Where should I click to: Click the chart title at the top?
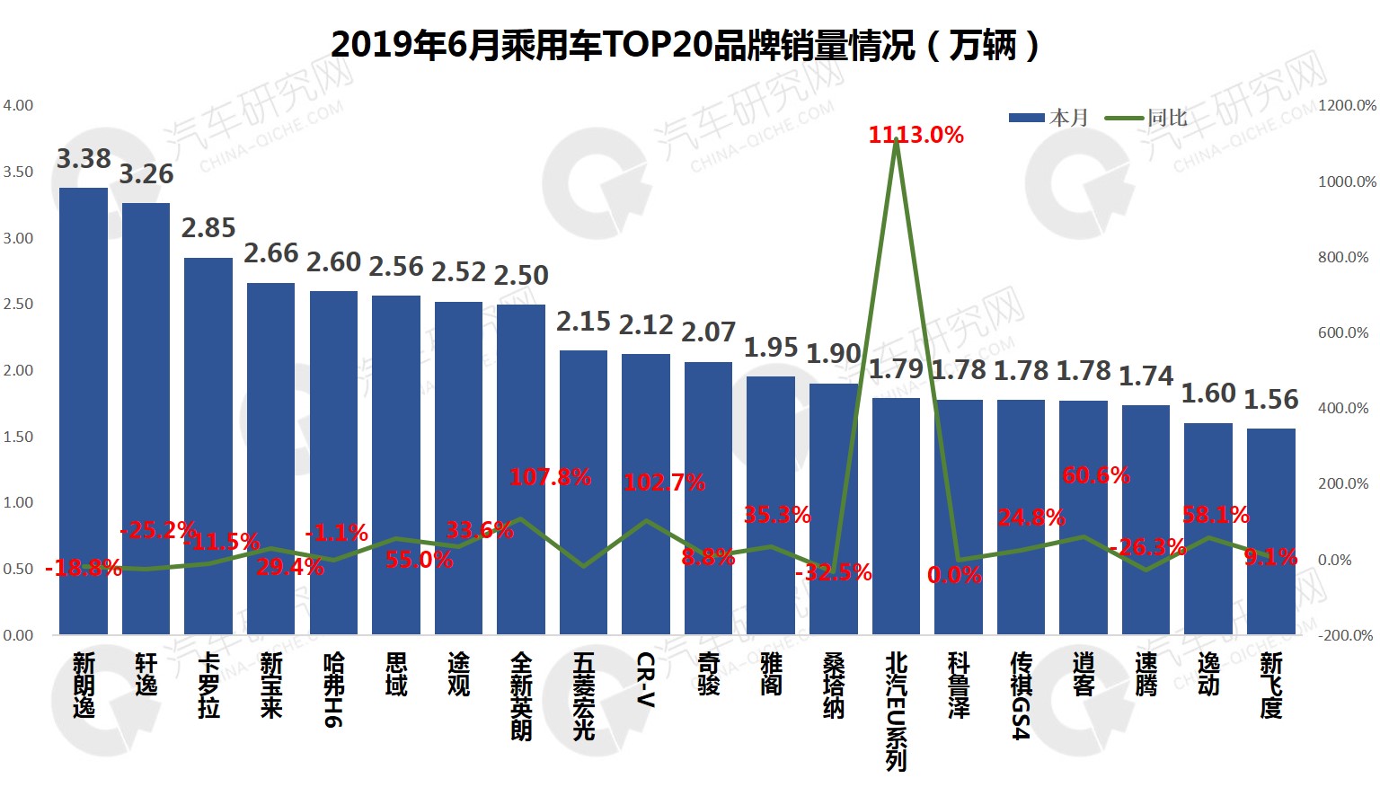pyautogui.click(x=686, y=45)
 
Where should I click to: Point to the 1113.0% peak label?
pyautogui.click(x=916, y=136)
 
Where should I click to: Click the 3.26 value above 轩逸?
pyautogui.click(x=146, y=174)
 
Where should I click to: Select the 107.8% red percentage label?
pyautogui.click(x=550, y=477)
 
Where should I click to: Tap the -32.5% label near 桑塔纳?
pyautogui.click(x=833, y=572)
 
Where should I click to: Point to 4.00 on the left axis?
pyautogui.click(x=18, y=105)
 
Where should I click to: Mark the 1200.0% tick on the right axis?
pyautogui.click(x=1347, y=105)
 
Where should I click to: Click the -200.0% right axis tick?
pyautogui.click(x=1345, y=635)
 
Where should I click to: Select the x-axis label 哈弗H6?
pyautogui.click(x=334, y=689)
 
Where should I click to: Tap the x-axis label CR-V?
pyautogui.click(x=646, y=679)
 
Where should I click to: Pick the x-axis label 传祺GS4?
pyautogui.click(x=1021, y=695)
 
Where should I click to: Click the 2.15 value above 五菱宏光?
pyautogui.click(x=583, y=321)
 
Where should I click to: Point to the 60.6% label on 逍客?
pyautogui.click(x=1096, y=475)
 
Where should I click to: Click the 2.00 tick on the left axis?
pyautogui.click(x=18, y=370)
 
